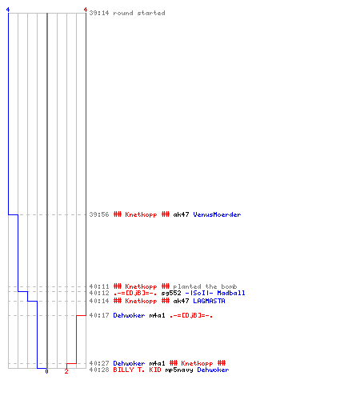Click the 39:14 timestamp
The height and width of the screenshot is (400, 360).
pyautogui.click(x=99, y=13)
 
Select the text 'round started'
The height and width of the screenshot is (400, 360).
pyautogui.click(x=139, y=13)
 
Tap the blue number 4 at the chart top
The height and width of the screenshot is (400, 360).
pyautogui.click(x=8, y=10)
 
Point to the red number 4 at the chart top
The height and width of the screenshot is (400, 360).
pyautogui.click(x=86, y=10)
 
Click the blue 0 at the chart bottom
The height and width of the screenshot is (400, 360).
pyautogui.click(x=46, y=371)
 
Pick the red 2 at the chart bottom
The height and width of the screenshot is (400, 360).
pyautogui.click(x=66, y=371)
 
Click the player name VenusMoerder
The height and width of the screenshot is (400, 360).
pyautogui.click(x=217, y=214)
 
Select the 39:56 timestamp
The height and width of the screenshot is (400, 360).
pyautogui.click(x=99, y=214)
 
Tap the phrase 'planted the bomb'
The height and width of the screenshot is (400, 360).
pyautogui.click(x=205, y=286)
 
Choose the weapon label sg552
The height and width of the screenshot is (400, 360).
pyautogui.click(x=171, y=293)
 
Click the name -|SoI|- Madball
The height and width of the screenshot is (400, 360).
pyautogui.click(x=215, y=293)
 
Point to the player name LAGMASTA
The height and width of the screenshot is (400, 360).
pyautogui.click(x=209, y=301)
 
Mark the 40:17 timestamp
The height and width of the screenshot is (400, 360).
pyautogui.click(x=99, y=315)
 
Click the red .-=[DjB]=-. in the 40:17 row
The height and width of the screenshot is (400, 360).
pyautogui.click(x=191, y=315)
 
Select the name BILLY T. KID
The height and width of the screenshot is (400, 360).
pyautogui.click(x=137, y=370)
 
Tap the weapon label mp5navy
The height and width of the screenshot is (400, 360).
pyautogui.click(x=179, y=370)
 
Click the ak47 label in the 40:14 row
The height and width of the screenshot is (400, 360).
pyautogui.click(x=181, y=301)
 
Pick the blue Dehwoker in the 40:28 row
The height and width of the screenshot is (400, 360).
pyautogui.click(x=213, y=370)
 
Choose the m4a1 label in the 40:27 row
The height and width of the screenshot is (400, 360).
pyautogui.click(x=157, y=363)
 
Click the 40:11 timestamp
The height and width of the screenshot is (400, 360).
pyautogui.click(x=99, y=286)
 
